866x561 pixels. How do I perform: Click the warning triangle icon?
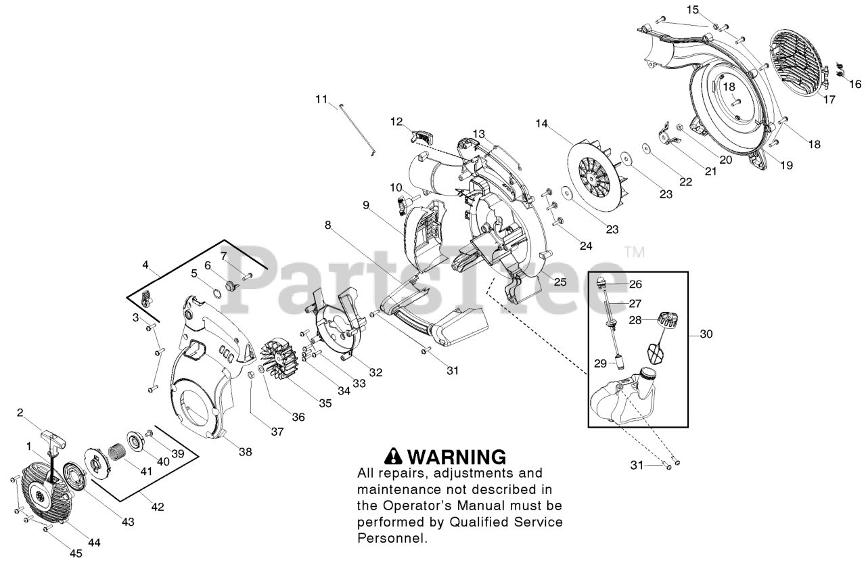click(x=394, y=457)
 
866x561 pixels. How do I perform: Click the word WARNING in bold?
click(x=457, y=457)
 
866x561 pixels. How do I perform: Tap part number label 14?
click(x=541, y=124)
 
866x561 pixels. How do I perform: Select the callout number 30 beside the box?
click(x=706, y=334)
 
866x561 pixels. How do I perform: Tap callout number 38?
click(x=245, y=451)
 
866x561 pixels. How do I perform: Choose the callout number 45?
click(x=76, y=553)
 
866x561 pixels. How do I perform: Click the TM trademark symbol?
click(x=634, y=252)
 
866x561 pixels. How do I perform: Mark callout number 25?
click(x=560, y=282)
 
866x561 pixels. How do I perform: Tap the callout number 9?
click(x=365, y=204)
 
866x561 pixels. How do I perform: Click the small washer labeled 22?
click(x=647, y=148)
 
